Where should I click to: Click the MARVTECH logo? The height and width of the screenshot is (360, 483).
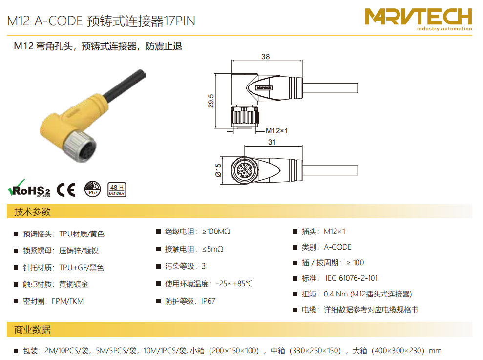419,20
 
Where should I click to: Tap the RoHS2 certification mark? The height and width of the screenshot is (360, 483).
29,189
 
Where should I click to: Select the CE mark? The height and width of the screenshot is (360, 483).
66,190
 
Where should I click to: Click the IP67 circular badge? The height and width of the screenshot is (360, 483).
92,189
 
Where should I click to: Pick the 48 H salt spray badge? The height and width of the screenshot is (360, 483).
117,190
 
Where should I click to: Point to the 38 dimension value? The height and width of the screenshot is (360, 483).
265,57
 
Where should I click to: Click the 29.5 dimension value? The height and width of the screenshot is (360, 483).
211,101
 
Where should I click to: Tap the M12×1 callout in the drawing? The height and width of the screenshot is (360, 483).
276,131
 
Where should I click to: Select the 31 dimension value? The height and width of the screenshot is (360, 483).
272,142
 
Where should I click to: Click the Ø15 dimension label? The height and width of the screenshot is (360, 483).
218,170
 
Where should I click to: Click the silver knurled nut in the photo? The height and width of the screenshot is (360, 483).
80,146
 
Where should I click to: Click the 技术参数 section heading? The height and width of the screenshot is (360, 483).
32,212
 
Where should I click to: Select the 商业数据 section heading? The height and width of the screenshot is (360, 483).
32,330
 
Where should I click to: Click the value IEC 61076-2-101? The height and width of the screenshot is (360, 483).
352,278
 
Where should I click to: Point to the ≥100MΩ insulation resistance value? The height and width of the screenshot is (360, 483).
216,232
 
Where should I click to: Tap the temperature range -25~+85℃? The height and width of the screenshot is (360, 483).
234,284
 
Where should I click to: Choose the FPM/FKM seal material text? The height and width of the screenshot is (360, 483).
67,301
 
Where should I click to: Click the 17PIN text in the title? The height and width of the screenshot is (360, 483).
179,21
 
